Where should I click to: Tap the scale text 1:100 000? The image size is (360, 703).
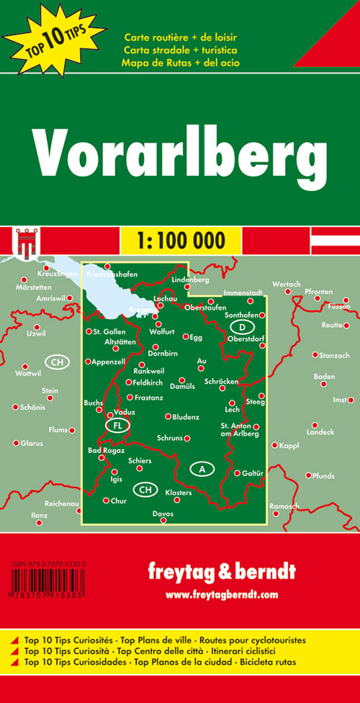click(180, 239)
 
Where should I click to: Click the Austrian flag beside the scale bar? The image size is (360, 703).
click(335, 239)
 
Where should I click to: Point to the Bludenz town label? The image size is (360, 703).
click(186, 417)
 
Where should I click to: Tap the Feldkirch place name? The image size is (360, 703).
click(149, 382)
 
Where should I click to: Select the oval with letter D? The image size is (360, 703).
click(240, 326)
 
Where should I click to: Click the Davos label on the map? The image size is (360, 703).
click(163, 514)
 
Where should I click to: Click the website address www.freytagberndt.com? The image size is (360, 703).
click(221, 574)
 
